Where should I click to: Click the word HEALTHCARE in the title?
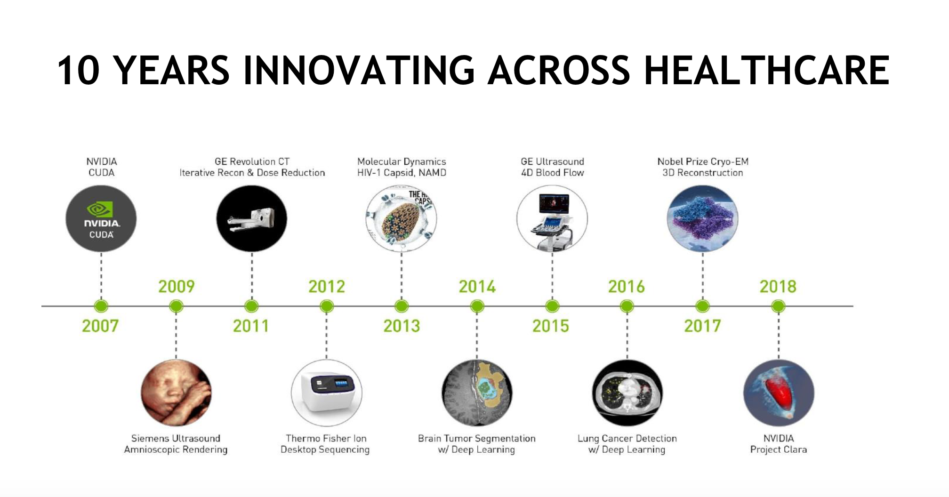pos(766,71)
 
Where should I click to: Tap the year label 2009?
pos(177,286)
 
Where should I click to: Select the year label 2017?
pos(702,326)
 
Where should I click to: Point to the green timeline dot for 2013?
pos(402,306)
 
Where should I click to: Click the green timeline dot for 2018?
pos(778,306)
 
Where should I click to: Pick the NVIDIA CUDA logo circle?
pos(101,218)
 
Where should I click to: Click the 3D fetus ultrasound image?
pos(176,393)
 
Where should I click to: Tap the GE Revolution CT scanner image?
pos(252,218)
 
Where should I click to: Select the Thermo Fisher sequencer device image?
pos(327,393)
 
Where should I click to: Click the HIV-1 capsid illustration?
pos(402,218)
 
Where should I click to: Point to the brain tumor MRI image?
pos(477,393)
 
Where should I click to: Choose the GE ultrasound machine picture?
pos(552,218)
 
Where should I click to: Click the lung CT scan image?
pos(627,393)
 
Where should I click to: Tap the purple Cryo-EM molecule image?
pos(703,218)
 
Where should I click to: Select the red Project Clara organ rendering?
pos(779,393)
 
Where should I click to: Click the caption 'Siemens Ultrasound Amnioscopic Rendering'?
pos(176,444)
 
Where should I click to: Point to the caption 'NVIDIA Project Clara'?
pos(779,444)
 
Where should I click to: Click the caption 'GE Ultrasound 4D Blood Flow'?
pos(552,167)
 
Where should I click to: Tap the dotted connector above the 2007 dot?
pos(101,276)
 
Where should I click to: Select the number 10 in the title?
pos(79,71)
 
